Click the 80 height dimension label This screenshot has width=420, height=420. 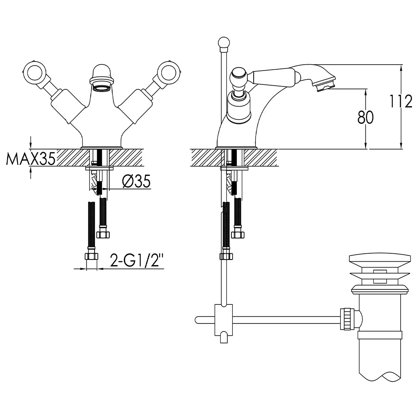click(365, 118)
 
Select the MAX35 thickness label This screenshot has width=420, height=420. click(31, 159)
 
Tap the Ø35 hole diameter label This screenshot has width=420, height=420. click(136, 181)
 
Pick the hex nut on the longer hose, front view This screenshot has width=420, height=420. click(91, 256)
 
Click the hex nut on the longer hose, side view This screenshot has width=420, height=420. click(226, 256)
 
